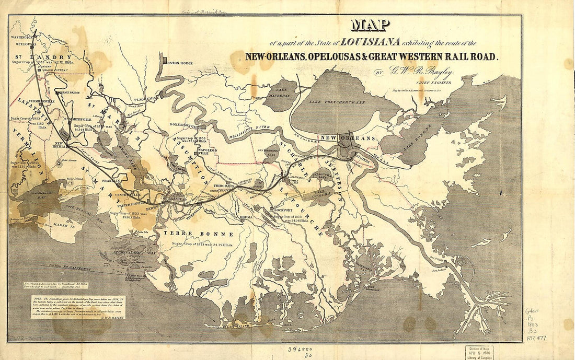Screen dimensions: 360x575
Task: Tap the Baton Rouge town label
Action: (180, 63)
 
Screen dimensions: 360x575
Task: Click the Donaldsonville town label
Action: (186, 126)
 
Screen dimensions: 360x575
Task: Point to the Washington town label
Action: (22, 38)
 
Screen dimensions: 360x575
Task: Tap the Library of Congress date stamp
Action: (480, 352)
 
